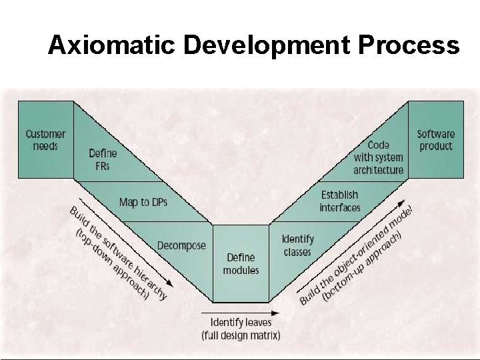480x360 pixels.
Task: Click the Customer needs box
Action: pyautogui.click(x=45, y=139)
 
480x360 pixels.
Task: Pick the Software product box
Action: pyautogui.click(x=435, y=139)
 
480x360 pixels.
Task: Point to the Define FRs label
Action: pyautogui.click(x=102, y=159)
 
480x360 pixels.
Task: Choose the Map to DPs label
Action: pyautogui.click(x=143, y=201)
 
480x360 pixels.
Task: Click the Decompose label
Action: pyautogui.click(x=181, y=245)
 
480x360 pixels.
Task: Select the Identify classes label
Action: pyautogui.click(x=297, y=245)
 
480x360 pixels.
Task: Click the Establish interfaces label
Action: pyautogui.click(x=339, y=201)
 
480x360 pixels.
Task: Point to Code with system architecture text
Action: pyautogui.click(x=378, y=157)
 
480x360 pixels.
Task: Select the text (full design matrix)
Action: pyautogui.click(x=241, y=335)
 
